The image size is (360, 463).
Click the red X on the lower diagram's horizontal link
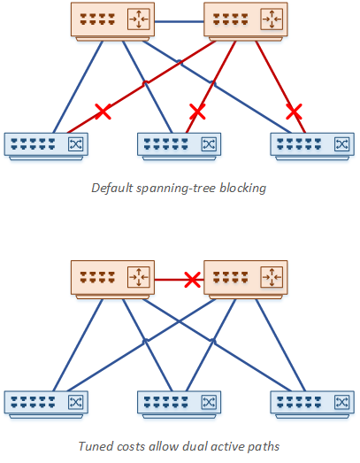[193, 280]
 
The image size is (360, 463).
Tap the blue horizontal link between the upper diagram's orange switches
[179, 21]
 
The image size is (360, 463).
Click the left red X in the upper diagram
[103, 112]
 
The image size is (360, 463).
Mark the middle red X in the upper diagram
[197, 112]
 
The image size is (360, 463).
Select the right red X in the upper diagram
[295, 112]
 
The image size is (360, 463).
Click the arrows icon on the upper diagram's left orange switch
[139, 19]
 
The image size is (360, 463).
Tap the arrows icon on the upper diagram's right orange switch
[272, 19]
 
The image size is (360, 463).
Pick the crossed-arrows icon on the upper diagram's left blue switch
[75, 144]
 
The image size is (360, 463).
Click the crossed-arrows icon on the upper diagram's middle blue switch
[209, 144]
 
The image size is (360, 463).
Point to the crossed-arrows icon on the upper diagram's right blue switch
[342, 144]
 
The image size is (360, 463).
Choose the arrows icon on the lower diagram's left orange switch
[139, 277]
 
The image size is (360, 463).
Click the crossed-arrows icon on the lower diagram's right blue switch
[342, 403]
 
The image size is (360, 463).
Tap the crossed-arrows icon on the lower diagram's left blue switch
[75, 403]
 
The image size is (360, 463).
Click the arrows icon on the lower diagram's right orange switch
[272, 277]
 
